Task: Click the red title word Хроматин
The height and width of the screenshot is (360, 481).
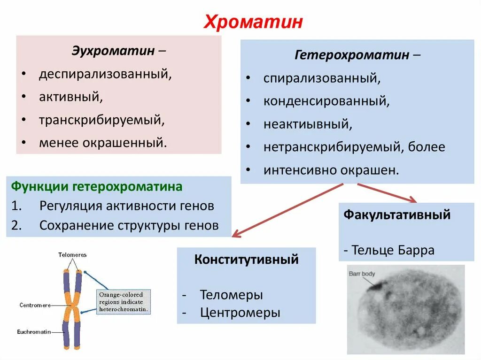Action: [253, 22]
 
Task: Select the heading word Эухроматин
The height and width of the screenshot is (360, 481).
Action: [113, 50]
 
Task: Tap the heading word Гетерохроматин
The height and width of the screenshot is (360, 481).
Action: [352, 55]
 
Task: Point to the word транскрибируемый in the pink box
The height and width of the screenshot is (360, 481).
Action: [101, 120]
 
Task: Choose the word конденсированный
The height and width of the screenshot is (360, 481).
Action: [326, 100]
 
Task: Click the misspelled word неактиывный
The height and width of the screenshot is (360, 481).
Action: [307, 124]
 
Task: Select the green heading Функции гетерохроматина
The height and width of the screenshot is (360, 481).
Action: [96, 187]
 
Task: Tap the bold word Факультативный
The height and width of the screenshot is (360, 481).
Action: [397, 215]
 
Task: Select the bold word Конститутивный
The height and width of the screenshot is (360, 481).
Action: [246, 259]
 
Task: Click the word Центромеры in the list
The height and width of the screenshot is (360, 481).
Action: [240, 313]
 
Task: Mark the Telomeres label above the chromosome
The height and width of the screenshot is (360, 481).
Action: [72, 255]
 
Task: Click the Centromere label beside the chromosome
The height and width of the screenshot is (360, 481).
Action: [35, 305]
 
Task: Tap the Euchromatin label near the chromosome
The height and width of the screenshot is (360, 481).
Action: [33, 331]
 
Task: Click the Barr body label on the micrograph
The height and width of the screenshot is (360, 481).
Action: [362, 273]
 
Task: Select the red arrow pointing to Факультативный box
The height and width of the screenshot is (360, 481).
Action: [388, 192]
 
